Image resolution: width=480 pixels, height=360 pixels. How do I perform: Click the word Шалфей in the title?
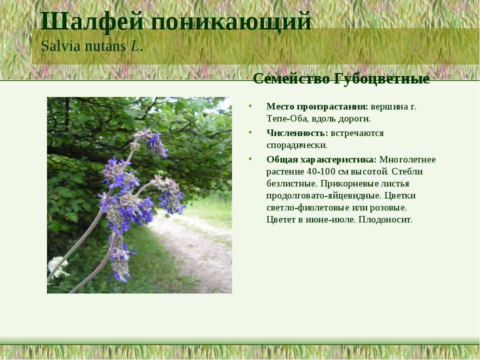coord(92,21)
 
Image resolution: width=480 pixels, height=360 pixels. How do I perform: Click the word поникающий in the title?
coord(231,22)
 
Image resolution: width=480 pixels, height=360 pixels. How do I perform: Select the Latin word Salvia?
coord(61,46)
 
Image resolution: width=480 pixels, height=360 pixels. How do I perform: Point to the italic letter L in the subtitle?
coord(134,46)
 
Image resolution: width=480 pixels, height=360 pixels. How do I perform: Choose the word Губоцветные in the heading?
coord(381,79)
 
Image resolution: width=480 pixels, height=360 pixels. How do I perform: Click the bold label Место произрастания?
coord(317,107)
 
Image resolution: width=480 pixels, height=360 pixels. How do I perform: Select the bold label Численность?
coord(297,133)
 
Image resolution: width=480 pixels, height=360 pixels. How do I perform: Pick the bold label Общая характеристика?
coord(321,160)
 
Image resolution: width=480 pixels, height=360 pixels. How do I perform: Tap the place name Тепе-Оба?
coord(286,118)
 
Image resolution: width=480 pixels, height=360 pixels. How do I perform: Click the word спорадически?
coord(296,145)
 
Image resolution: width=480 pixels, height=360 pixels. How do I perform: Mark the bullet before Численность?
coord(250,133)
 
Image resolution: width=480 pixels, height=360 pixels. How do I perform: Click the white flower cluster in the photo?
coord(57,267)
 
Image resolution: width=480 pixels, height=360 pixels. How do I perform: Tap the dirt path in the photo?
coord(196,251)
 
